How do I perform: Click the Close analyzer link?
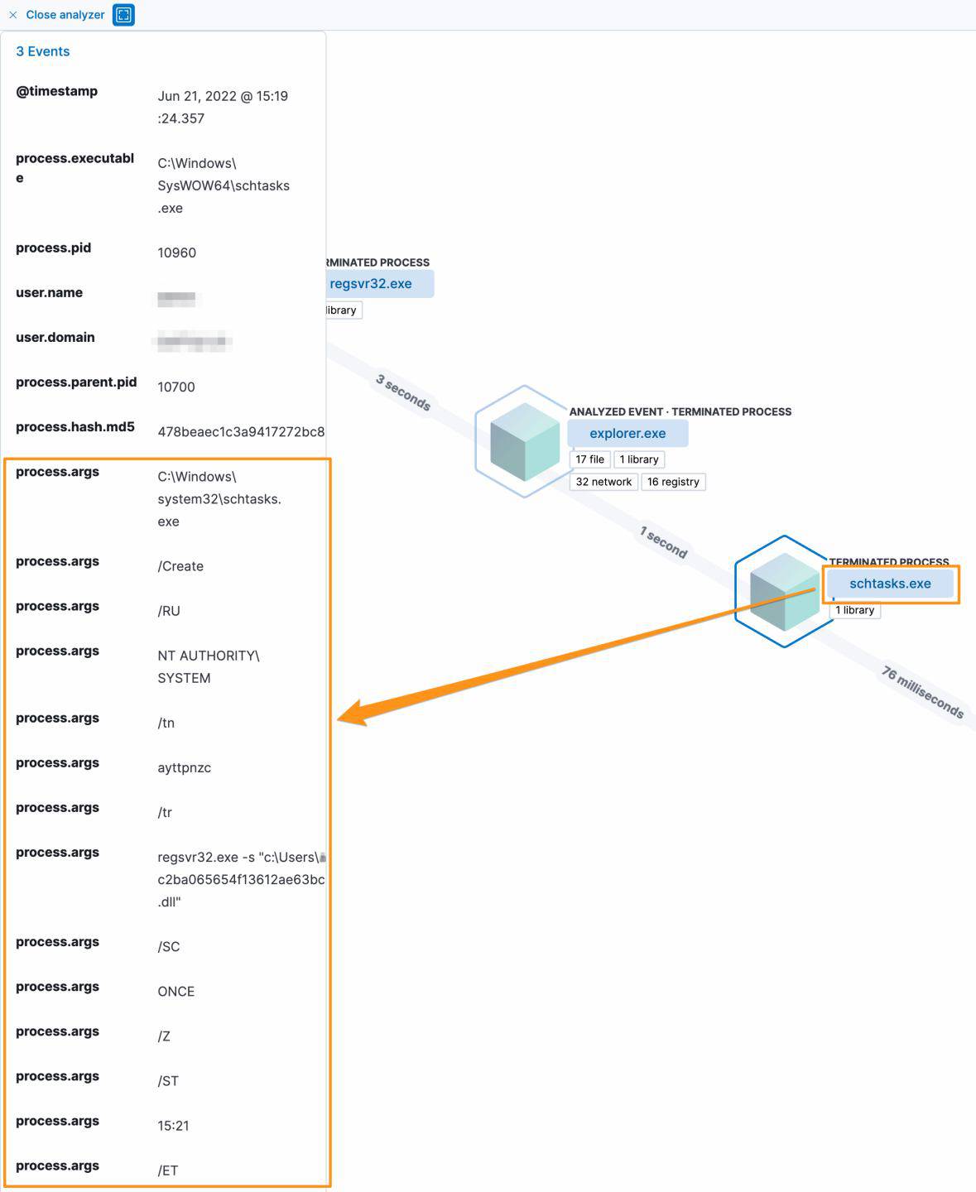tap(65, 15)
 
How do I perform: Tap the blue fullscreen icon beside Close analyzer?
tap(123, 15)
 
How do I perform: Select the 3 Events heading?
tap(43, 51)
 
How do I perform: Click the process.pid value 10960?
tap(176, 252)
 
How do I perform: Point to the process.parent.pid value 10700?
tap(176, 387)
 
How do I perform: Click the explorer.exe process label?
tap(627, 433)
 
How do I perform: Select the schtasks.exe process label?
tap(890, 584)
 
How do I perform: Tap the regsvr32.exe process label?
tap(371, 284)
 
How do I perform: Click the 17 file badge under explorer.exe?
tap(590, 459)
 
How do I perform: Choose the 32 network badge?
tap(603, 482)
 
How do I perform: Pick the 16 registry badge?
tap(673, 482)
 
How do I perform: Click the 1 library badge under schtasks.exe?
tap(855, 610)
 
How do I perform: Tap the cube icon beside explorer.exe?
tap(525, 441)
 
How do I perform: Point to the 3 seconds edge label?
tap(403, 392)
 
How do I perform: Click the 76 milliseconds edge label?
tap(922, 692)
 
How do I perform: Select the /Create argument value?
tap(180, 566)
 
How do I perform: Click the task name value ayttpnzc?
tap(184, 767)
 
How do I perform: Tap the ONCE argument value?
tap(175, 992)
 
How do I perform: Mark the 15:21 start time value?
tap(173, 1126)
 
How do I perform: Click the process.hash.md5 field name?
tap(75, 427)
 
